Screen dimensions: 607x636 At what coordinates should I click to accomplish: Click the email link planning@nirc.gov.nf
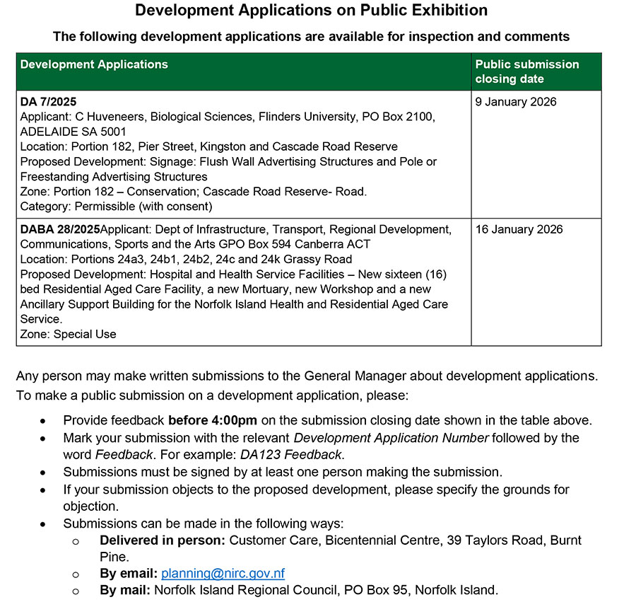(x=223, y=573)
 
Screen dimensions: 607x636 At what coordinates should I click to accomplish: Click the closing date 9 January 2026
(x=516, y=102)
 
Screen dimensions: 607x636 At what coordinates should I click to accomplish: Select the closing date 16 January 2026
(x=519, y=229)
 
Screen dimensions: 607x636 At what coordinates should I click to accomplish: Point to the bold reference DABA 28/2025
(x=60, y=229)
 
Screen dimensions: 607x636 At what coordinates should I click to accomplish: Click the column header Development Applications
(x=94, y=64)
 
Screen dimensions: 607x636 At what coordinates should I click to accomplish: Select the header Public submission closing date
(x=526, y=71)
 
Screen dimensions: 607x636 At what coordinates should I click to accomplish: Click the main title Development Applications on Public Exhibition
(x=311, y=11)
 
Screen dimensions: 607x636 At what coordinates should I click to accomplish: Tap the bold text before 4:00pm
(x=213, y=420)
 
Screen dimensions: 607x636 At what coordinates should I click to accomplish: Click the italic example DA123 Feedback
(x=291, y=455)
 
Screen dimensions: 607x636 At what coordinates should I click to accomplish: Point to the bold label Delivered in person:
(x=163, y=540)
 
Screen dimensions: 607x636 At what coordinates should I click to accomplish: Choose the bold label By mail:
(x=125, y=589)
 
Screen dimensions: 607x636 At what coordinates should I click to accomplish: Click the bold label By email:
(x=129, y=573)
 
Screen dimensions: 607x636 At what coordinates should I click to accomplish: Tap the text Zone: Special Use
(x=68, y=334)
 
